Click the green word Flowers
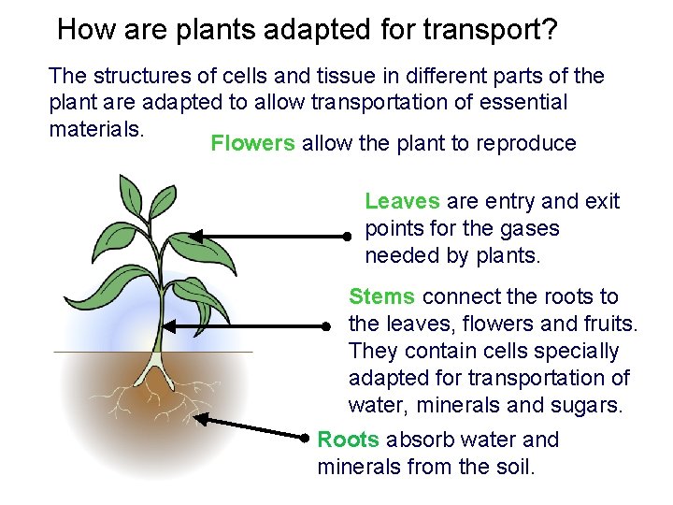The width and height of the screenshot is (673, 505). [x=252, y=143]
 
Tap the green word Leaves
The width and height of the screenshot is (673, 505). [x=402, y=201]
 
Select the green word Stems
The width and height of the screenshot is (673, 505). [x=381, y=296]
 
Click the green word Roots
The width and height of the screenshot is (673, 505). [x=348, y=440]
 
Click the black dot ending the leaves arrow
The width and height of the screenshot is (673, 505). [x=346, y=238]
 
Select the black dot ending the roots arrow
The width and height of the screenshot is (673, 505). [x=306, y=436]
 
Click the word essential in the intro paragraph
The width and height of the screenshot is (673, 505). [x=525, y=102]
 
